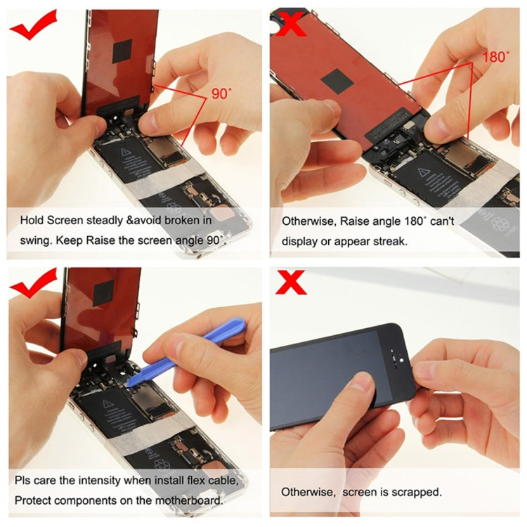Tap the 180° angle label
pos(495,56)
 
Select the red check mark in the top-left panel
pos(34,26)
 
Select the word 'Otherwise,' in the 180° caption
pos(307,221)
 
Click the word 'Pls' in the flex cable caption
pos(24,482)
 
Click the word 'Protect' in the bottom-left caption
pos(34,501)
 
